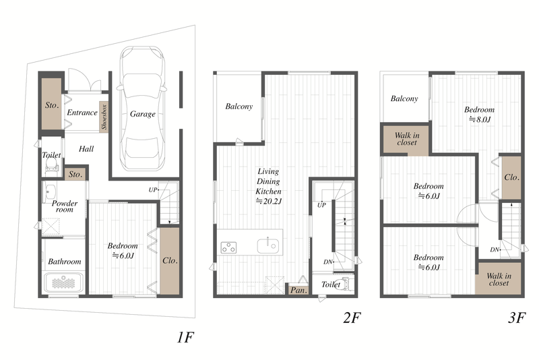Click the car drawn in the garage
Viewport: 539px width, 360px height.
coord(142,109)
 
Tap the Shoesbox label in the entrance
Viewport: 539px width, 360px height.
coord(104,116)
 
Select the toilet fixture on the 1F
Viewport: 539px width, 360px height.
coord(51,169)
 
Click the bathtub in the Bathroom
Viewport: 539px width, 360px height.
coord(63,282)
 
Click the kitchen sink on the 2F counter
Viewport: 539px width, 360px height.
coord(267,246)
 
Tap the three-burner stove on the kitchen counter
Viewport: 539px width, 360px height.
coord(228,247)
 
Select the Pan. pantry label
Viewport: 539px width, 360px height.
coord(298,290)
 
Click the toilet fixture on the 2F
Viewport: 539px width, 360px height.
coord(346,284)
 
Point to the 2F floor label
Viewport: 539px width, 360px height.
coord(352,318)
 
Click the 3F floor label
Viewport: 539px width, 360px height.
coord(517,318)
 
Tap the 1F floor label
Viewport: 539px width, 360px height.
coord(186,338)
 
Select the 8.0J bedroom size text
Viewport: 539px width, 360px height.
coord(480,119)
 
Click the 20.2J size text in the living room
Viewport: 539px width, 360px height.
coord(268,201)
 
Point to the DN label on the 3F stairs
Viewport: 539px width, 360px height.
coord(495,249)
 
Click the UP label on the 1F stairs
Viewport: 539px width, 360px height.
coord(153,190)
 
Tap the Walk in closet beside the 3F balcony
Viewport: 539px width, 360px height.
coord(406,139)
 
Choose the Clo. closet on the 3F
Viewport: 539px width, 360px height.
coord(511,177)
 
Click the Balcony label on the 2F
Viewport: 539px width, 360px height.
coord(239,107)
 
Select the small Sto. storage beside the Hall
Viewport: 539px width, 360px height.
coord(75,174)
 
